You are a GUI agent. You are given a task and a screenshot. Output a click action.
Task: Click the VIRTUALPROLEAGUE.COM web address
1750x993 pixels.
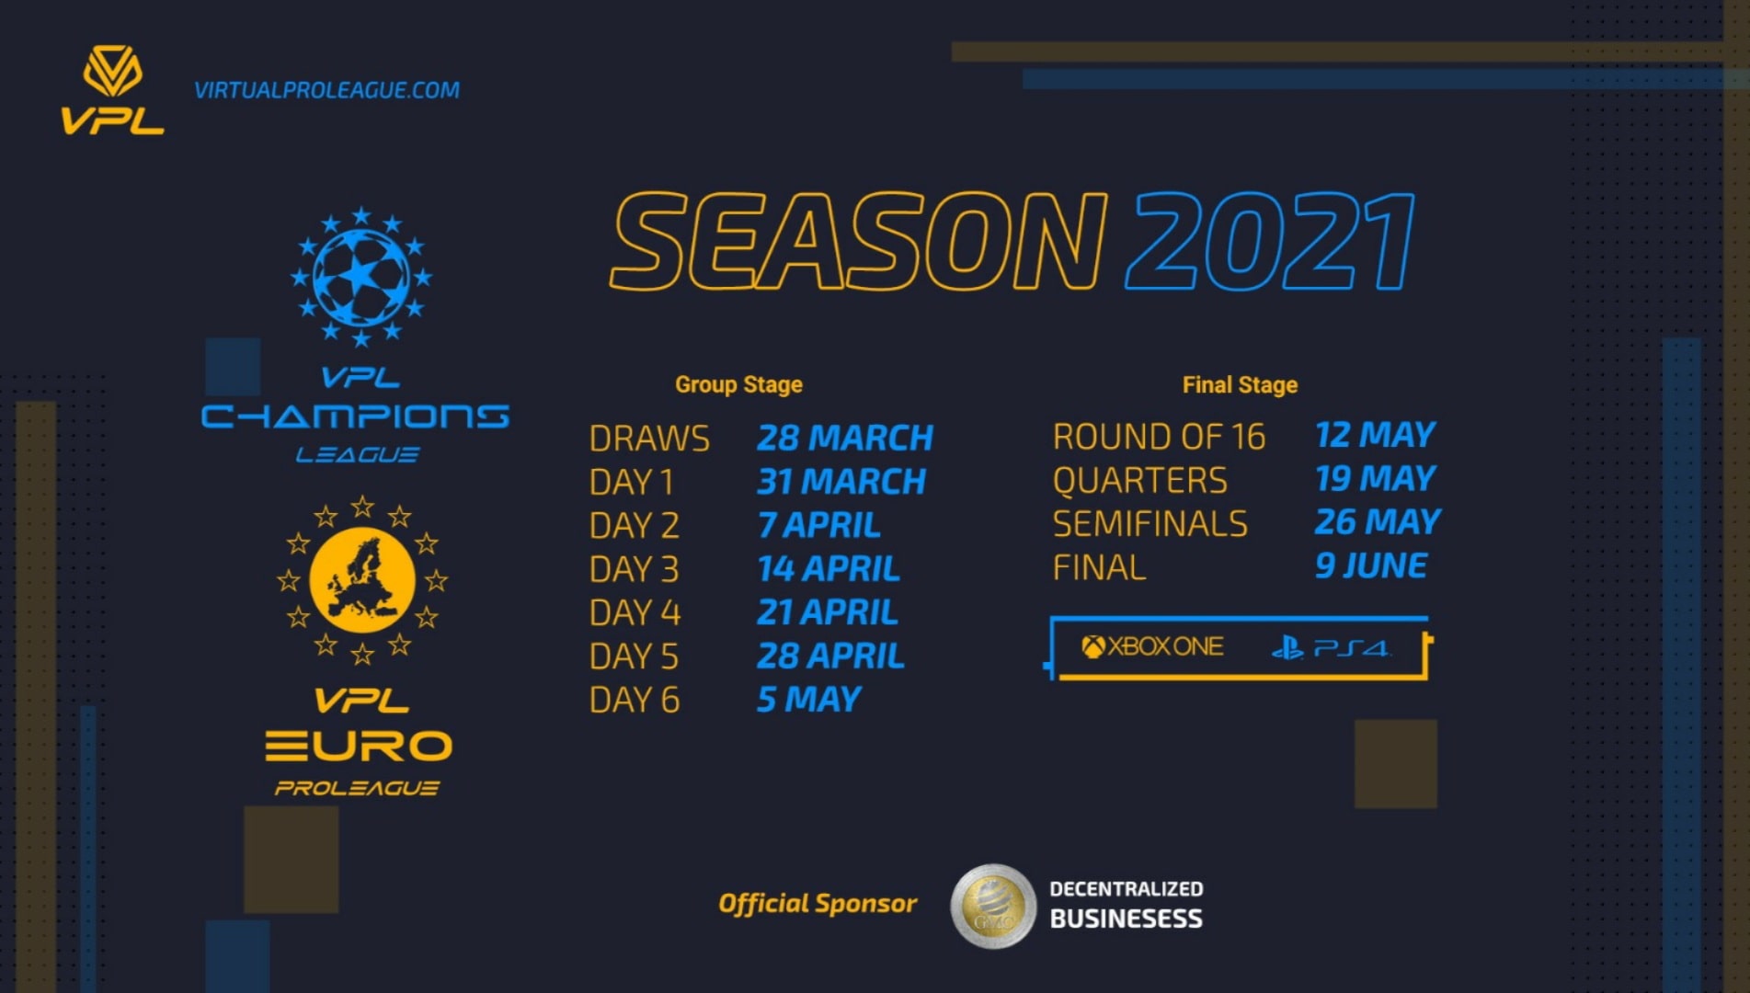point(326,90)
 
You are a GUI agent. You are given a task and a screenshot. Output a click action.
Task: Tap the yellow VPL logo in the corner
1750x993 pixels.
point(112,90)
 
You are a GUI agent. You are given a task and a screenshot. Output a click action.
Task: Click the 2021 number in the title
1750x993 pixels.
point(1269,242)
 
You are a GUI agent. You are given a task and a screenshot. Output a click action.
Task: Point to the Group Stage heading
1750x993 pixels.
point(738,384)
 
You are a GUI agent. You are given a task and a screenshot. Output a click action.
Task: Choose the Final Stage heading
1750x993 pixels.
point(1239,384)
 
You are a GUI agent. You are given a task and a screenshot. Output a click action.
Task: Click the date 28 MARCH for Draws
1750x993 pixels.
point(844,438)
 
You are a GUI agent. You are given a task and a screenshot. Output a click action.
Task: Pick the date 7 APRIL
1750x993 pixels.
point(818,525)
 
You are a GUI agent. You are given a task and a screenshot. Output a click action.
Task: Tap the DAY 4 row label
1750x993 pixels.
point(635,612)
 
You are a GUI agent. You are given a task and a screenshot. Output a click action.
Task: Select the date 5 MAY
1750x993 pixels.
point(808,700)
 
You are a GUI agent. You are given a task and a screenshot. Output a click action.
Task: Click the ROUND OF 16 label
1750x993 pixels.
point(1159,437)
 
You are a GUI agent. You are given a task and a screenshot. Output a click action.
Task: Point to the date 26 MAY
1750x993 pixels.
point(1377,522)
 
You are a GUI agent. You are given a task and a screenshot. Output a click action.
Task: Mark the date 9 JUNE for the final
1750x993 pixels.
point(1370,565)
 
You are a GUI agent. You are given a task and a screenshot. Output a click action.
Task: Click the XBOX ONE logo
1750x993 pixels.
point(1152,647)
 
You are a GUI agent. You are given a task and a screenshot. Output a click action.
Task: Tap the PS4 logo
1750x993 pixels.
point(1331,648)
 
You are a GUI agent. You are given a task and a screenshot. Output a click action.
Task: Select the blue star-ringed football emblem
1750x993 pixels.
point(360,276)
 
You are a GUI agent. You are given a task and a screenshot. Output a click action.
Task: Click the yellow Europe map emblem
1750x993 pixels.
point(362,580)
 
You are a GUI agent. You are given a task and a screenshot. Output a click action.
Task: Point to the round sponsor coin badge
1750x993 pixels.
point(993,906)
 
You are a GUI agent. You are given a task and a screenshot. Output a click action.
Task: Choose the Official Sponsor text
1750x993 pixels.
point(817,904)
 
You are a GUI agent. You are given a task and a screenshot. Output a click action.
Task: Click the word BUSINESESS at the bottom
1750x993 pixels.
point(1126,919)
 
